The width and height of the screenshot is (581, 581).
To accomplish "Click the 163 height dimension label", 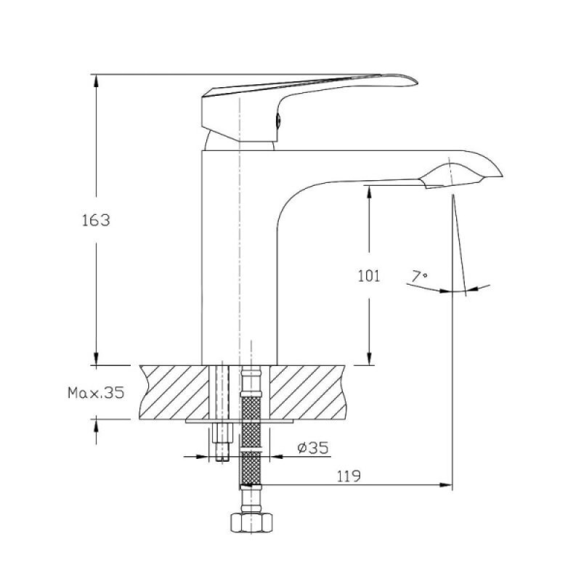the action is coord(96,220).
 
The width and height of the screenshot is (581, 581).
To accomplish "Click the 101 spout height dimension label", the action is coord(369,276).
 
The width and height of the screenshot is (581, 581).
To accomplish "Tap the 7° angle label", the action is coord(420,277).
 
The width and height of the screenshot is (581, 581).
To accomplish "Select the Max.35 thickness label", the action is coord(96,392).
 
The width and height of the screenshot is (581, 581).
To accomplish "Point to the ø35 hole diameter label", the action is coord(313,448).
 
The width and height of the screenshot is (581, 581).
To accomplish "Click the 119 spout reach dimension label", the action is coord(349,476).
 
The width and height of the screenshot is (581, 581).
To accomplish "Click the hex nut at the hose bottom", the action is coord(251,523).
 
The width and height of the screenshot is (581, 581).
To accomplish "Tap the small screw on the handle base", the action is coord(279,120).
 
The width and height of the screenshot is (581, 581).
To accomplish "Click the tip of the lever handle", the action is coord(417,82).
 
